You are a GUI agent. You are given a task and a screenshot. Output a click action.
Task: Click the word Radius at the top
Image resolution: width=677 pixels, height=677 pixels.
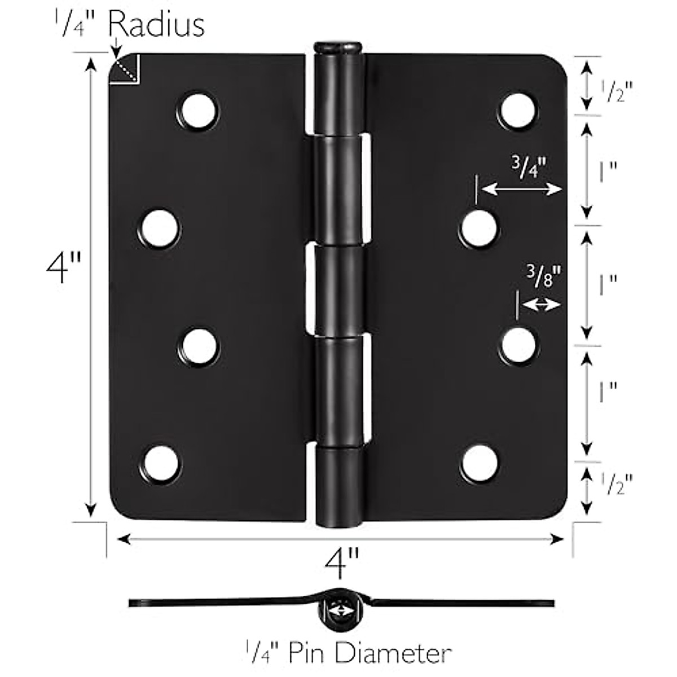(x=156, y=25)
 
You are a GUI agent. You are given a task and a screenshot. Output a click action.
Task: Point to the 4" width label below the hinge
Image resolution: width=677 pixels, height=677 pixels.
(x=341, y=563)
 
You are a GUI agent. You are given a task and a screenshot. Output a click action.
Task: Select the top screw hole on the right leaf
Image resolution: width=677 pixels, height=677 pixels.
(x=518, y=109)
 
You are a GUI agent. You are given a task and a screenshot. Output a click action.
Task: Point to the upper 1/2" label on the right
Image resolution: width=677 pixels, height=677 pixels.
(x=615, y=90)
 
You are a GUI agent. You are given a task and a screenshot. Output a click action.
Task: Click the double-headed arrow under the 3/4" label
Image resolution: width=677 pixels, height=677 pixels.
(x=523, y=190)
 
